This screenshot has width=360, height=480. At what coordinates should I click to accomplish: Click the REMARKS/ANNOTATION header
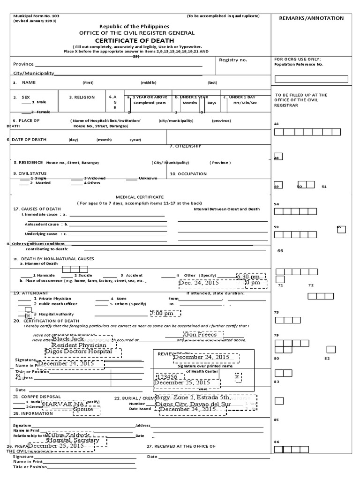click(311, 18)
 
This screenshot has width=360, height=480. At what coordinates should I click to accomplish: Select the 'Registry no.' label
click(233, 60)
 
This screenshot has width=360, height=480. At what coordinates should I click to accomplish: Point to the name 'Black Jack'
click(68, 338)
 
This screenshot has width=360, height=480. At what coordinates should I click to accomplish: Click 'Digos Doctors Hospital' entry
click(78, 351)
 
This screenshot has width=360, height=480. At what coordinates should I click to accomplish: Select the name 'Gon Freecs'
click(200, 335)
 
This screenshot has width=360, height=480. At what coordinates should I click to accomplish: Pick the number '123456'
click(167, 376)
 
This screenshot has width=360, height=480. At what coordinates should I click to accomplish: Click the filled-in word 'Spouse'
click(83, 409)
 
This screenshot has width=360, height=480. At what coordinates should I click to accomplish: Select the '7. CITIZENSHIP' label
click(185, 146)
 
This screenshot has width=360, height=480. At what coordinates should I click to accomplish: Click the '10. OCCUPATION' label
click(188, 174)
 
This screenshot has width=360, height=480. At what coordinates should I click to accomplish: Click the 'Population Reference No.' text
click(299, 64)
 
